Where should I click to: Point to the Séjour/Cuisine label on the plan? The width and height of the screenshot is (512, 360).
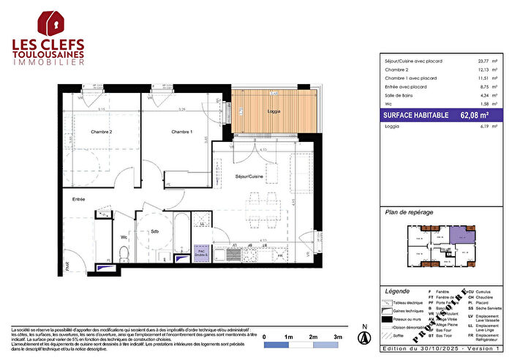(x=249, y=176)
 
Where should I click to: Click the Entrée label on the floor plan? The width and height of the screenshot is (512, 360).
(x=78, y=199)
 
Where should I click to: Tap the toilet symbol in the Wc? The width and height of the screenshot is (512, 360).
(x=124, y=252)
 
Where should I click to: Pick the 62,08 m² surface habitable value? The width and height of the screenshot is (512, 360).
(x=475, y=115)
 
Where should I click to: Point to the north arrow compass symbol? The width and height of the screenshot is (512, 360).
(x=361, y=337)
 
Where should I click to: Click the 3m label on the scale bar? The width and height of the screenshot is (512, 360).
(x=337, y=335)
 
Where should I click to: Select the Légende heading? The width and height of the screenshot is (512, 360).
(x=397, y=291)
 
